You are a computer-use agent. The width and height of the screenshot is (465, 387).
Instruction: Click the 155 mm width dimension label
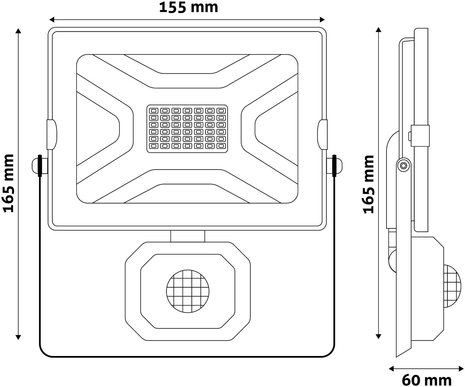pos(188,7)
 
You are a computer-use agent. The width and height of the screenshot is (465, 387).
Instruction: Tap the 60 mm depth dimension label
pos(426,380)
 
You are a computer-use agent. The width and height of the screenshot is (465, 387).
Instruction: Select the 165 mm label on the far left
pos(8,183)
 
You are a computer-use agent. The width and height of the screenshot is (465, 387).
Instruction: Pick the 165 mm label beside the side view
pos(368,184)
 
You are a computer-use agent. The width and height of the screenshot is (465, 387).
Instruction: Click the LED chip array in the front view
pos(187,129)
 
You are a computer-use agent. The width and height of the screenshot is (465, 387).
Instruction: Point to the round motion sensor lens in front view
pos(188,291)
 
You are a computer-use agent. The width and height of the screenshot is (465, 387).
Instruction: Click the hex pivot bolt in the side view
pos(403,166)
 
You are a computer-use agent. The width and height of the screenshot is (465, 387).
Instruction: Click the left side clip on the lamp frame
pos(52,134)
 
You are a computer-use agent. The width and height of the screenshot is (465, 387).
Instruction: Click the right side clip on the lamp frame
pos(322,134)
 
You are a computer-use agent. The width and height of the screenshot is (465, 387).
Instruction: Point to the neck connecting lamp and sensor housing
pos(188,236)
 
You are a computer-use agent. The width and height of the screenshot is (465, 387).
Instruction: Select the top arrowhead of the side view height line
pos(379,30)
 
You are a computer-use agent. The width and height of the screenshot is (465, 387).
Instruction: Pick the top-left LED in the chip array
pos(154,110)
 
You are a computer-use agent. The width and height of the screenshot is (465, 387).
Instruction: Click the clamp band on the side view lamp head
pos(420,136)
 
